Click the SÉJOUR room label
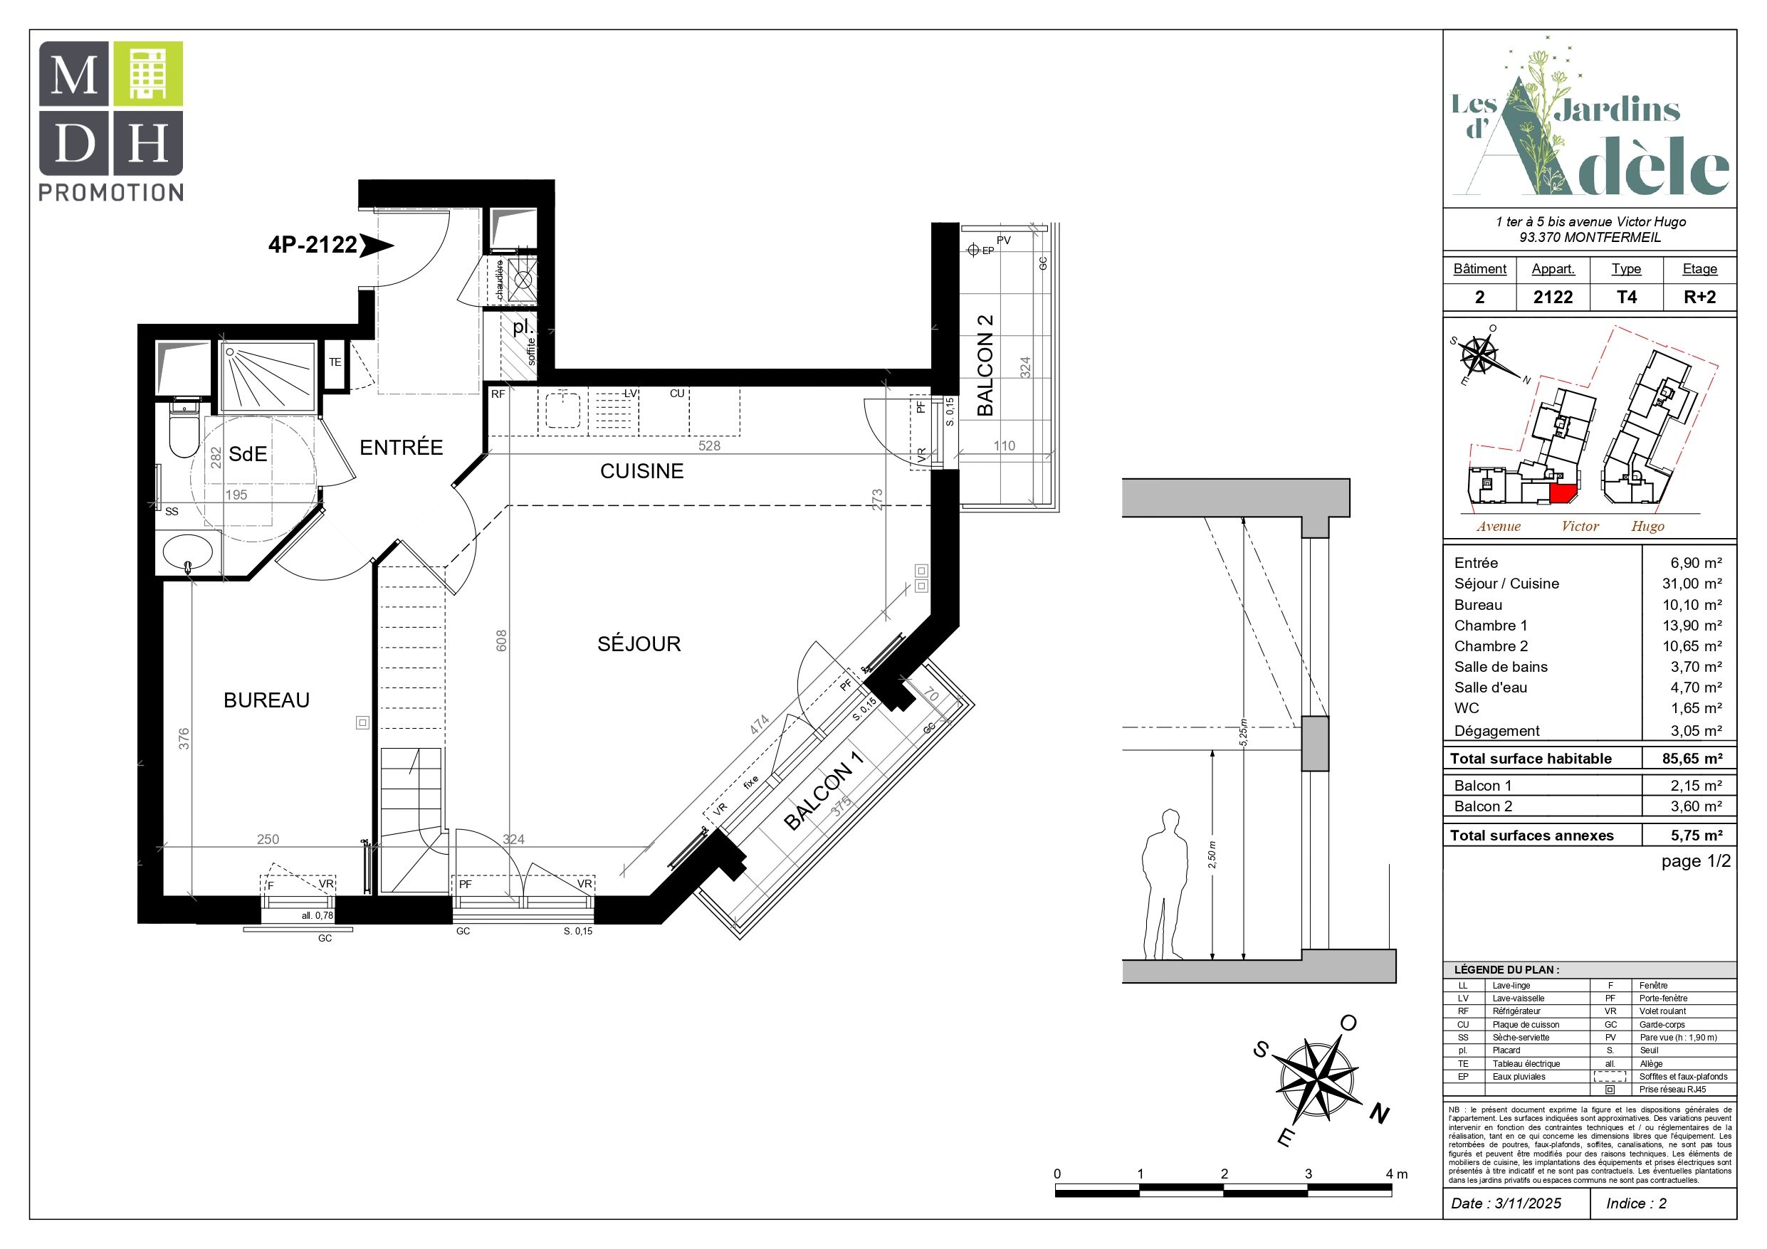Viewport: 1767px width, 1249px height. tap(639, 643)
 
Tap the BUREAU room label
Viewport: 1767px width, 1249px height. tap(266, 700)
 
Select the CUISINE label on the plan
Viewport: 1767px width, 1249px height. tap(642, 471)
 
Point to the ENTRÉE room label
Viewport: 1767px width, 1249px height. tap(401, 447)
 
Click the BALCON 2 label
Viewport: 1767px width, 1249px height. tap(985, 366)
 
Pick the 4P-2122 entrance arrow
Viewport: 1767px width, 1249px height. tap(377, 246)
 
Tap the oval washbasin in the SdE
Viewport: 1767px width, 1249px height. tap(188, 552)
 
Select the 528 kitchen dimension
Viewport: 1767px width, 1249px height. tap(709, 446)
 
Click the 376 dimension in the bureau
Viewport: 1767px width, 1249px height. tap(183, 739)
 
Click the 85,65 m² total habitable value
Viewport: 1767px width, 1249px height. tap(1692, 758)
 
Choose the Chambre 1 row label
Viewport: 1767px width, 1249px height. tap(1490, 625)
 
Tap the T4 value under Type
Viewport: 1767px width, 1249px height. tap(1626, 297)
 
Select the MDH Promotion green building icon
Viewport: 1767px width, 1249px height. tap(148, 74)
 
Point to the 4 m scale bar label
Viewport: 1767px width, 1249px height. tap(1397, 1174)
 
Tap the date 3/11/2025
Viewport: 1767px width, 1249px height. tap(1528, 1203)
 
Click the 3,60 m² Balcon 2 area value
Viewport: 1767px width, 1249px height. tap(1697, 806)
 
